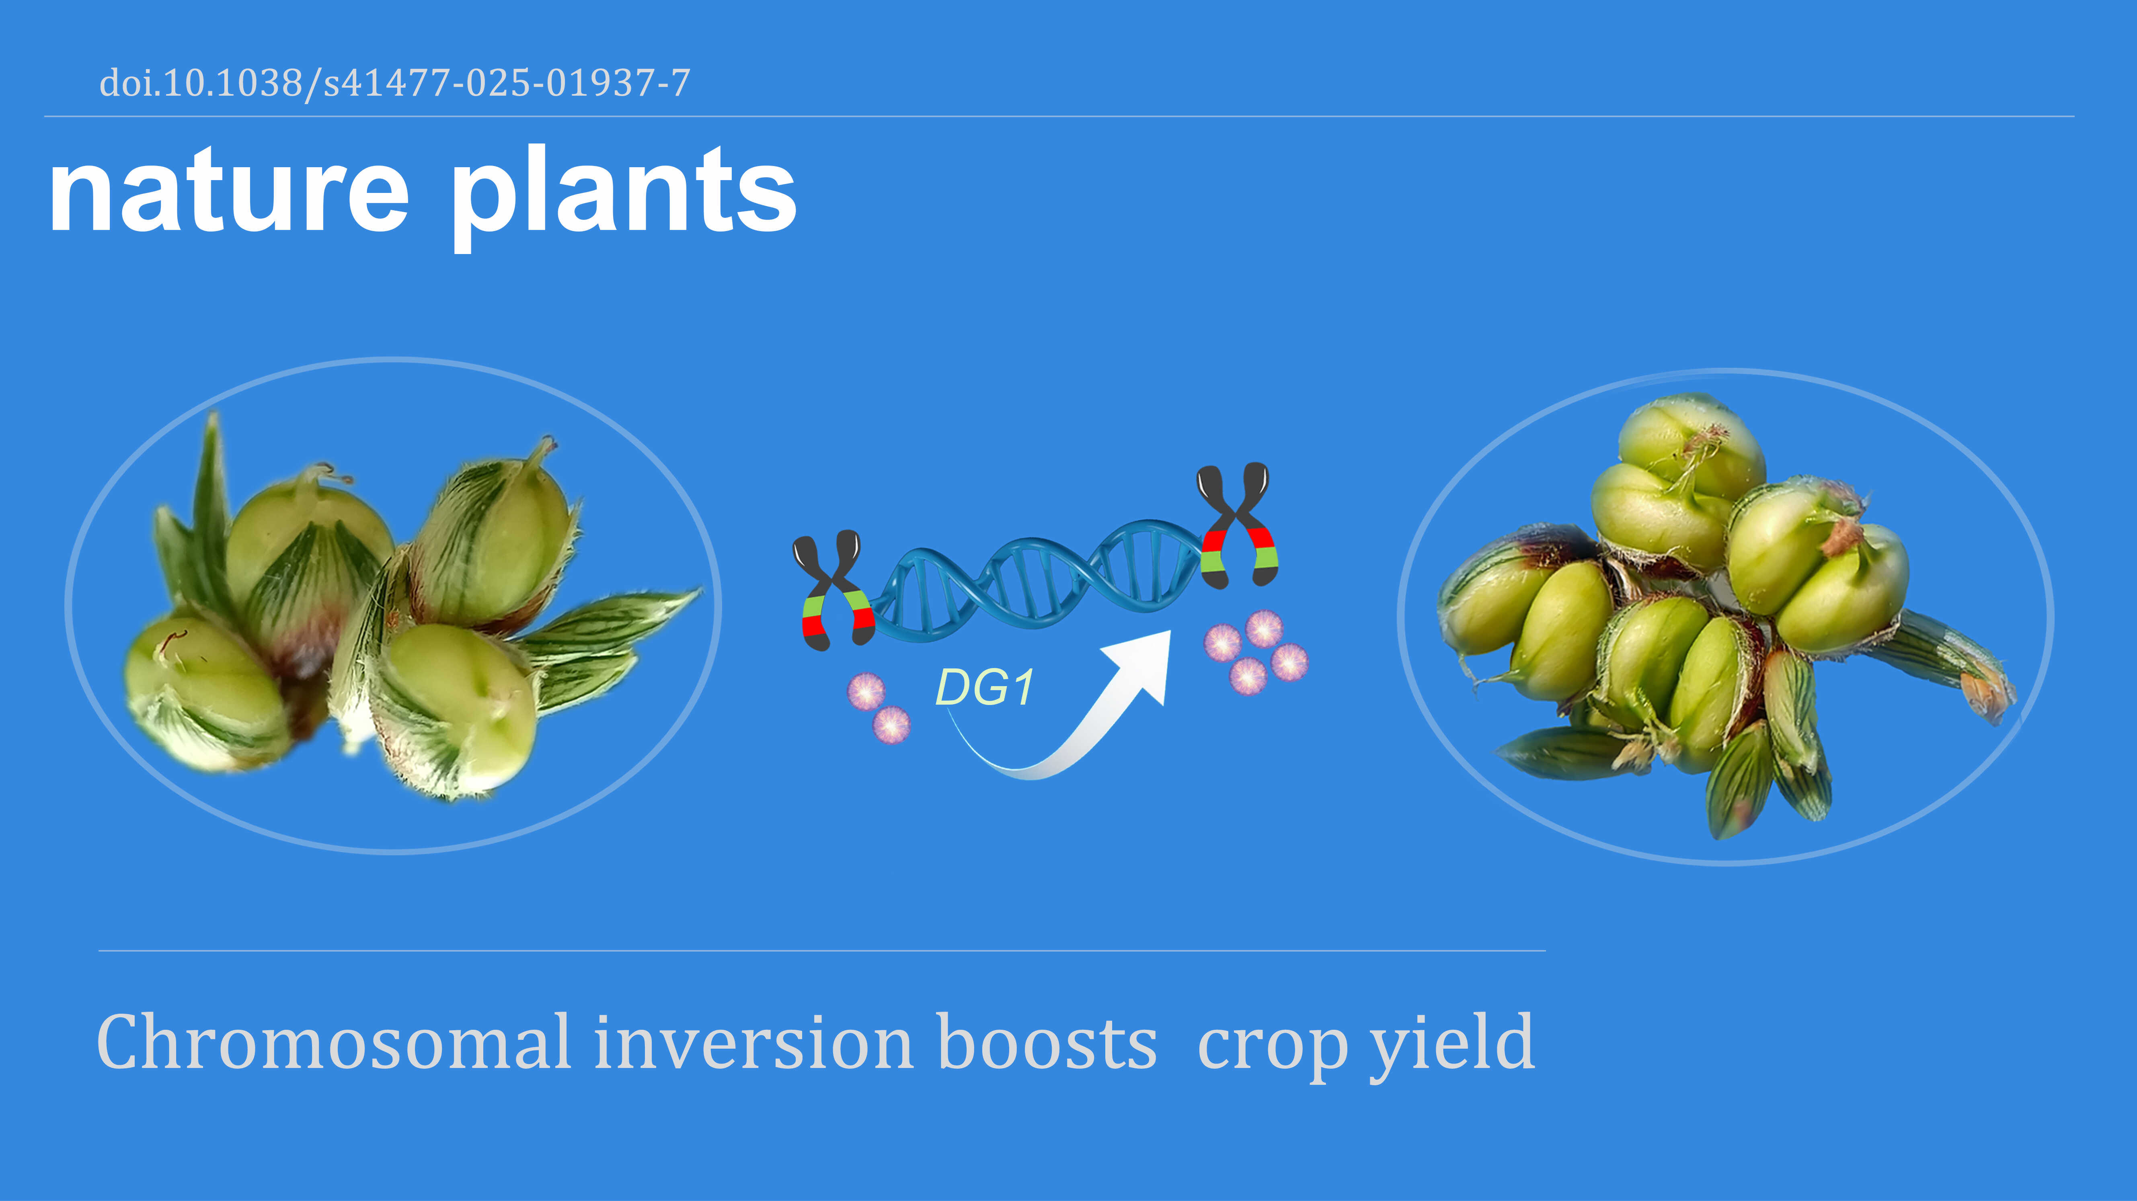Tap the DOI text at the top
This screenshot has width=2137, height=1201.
394,83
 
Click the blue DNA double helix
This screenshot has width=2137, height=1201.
1037,580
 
